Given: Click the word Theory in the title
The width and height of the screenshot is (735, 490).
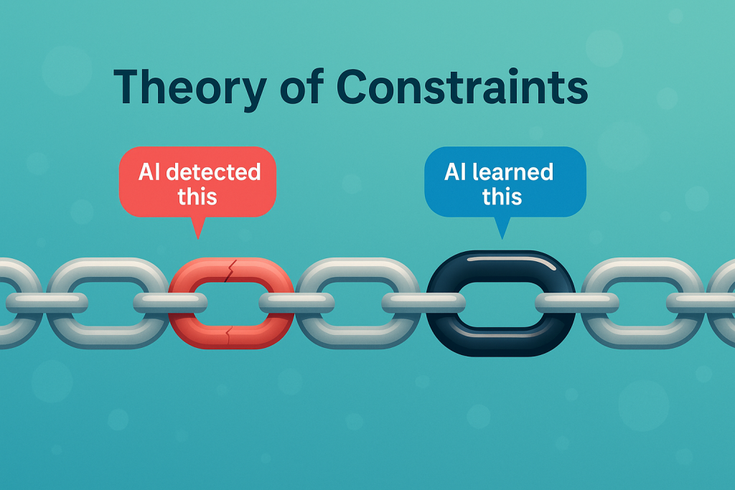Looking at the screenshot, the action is (190, 88).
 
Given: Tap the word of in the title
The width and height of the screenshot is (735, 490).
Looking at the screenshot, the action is (302, 87).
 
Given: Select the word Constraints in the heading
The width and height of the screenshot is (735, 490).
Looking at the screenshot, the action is (462, 87).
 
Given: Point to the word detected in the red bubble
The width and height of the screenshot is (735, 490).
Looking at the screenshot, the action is (213, 172).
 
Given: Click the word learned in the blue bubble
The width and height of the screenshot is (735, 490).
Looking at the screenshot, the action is (512, 171).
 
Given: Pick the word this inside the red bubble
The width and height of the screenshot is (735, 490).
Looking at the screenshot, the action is (197, 196).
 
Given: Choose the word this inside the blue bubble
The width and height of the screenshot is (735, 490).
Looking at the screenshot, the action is (502, 196).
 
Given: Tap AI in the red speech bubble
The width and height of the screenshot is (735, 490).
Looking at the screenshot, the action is (149, 172).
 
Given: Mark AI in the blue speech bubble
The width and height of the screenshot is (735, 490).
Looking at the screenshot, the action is (455, 171).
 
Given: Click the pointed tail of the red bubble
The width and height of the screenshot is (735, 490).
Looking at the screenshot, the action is (198, 238).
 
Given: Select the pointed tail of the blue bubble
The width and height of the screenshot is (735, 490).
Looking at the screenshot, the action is (502, 238).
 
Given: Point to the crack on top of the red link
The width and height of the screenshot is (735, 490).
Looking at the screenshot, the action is (230, 270).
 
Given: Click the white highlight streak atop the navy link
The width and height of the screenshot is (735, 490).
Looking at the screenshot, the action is (511, 261).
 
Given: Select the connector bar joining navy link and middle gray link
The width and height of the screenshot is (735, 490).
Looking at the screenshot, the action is (423, 303).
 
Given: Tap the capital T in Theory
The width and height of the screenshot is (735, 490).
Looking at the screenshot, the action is (129, 87).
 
